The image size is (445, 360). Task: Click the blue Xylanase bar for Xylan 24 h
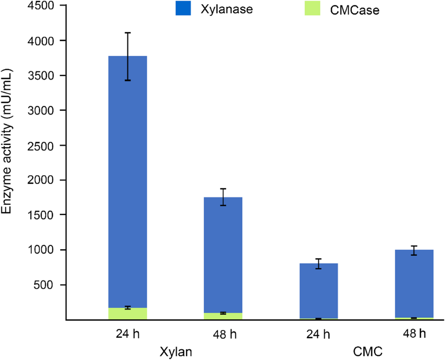[x=128, y=182]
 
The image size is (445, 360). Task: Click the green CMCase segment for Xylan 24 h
[x=128, y=314]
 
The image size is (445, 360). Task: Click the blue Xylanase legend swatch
[x=183, y=9]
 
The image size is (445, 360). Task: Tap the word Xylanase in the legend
[x=227, y=9]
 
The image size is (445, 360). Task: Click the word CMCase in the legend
[x=354, y=10]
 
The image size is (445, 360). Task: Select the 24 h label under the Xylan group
[x=128, y=334]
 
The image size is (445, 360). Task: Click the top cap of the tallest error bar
[x=128, y=33]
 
